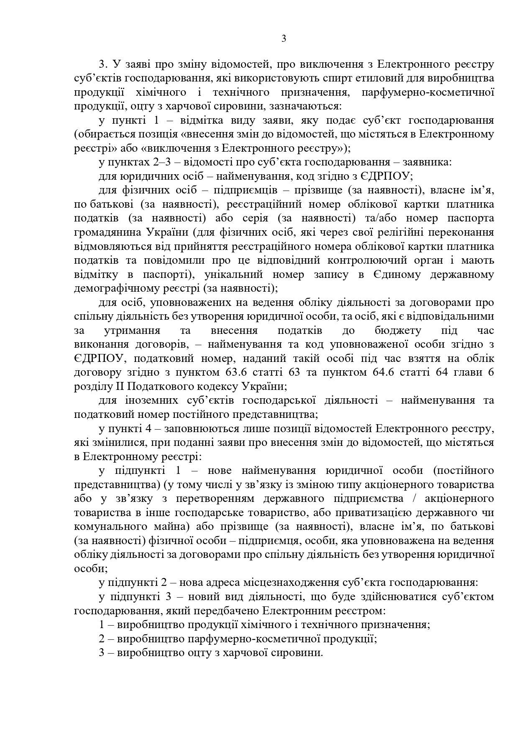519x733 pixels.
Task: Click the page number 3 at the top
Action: (x=284, y=39)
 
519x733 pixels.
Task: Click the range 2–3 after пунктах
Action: (x=158, y=162)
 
